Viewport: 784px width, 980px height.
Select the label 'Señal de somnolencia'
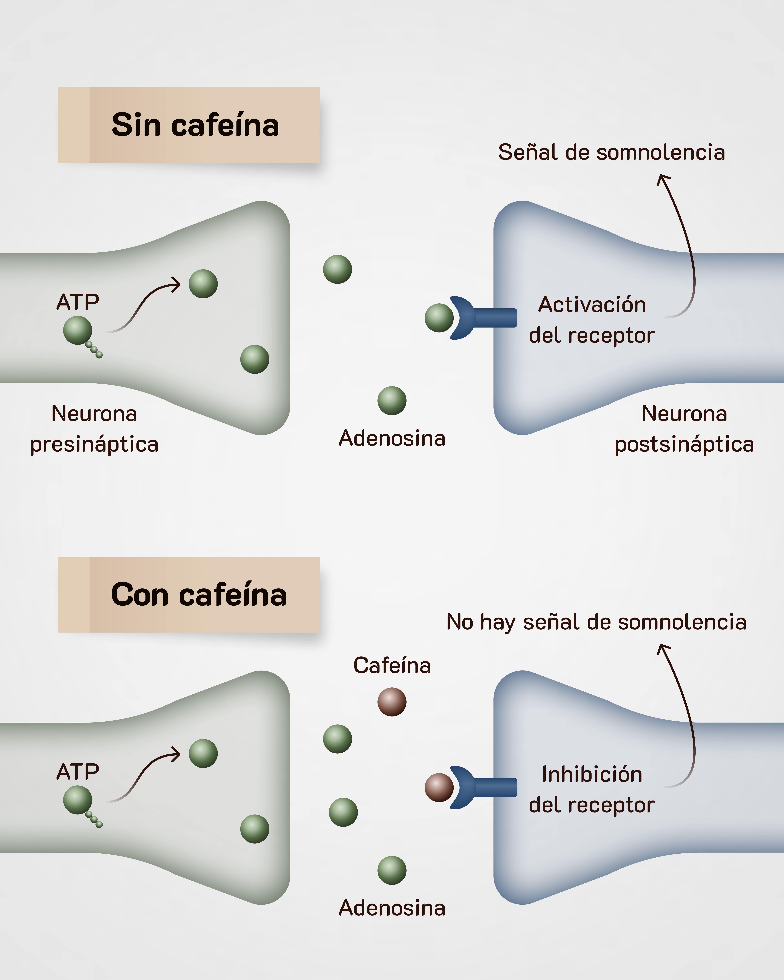(611, 152)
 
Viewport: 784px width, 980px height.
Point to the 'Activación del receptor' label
(592, 320)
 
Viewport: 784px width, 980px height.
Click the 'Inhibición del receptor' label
(592, 790)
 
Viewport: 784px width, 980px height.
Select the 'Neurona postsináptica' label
(684, 429)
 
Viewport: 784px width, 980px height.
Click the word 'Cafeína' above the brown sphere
(392, 665)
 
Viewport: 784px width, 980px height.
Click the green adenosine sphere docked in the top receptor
(439, 318)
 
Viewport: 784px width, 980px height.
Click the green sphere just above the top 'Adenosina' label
(392, 400)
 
